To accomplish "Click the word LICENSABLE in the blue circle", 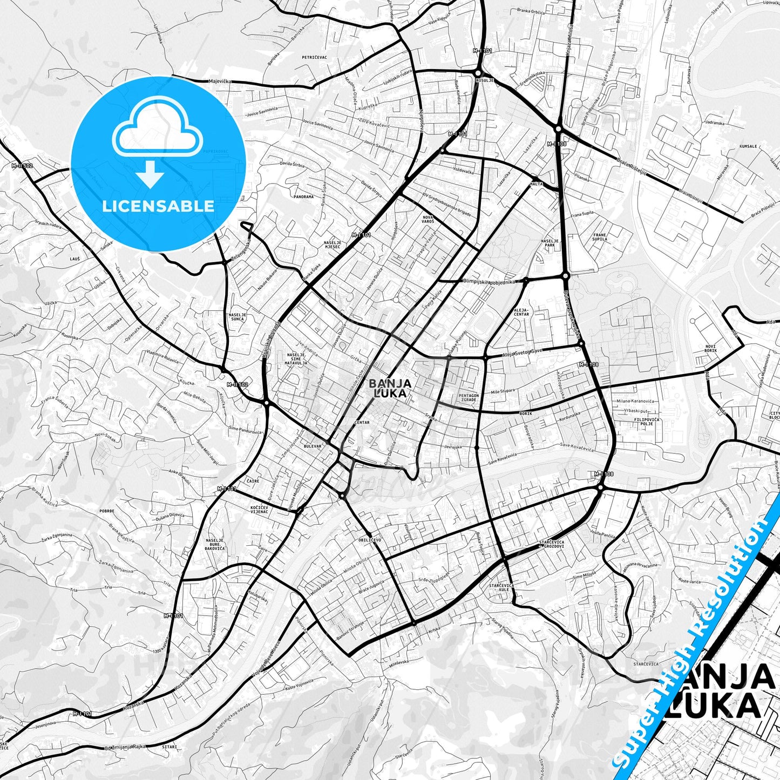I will click(x=158, y=206).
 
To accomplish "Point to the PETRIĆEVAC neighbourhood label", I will click(x=314, y=57).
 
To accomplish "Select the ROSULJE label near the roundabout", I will click(x=484, y=80).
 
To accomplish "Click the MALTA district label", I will click(x=536, y=184).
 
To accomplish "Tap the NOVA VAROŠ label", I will click(x=428, y=219).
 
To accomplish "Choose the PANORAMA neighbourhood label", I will click(x=303, y=197).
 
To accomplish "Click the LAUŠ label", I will click(x=74, y=259).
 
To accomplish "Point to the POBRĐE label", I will click(x=107, y=511).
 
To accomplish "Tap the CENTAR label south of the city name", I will click(x=362, y=423).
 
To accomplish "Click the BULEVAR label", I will click(x=313, y=446).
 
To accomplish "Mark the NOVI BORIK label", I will click(x=710, y=349).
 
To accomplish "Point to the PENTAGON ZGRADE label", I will click(x=468, y=398).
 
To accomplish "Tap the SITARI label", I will click(x=169, y=747).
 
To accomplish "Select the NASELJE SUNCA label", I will click(x=237, y=317).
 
